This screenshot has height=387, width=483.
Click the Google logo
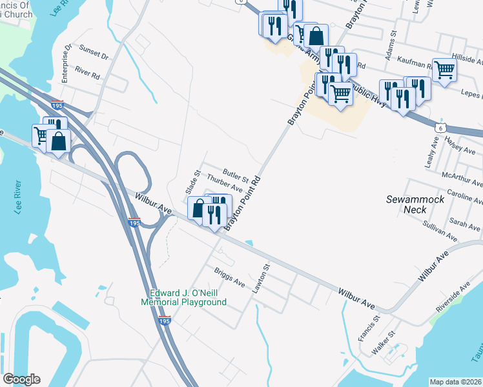pos(21,379)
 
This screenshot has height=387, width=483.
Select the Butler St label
pos(236,175)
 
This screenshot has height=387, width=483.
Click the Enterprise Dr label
pos(65,64)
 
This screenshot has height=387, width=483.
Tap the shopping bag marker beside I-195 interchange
pos(58,141)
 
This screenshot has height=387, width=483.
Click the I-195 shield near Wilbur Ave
pos(134,222)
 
